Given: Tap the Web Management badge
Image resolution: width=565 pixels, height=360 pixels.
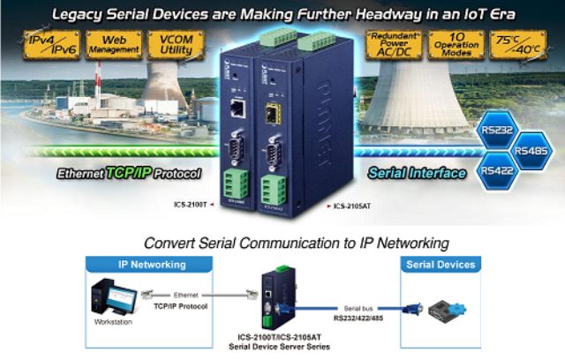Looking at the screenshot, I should coord(110,46).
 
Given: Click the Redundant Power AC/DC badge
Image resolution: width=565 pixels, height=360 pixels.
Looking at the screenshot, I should coord(392,46).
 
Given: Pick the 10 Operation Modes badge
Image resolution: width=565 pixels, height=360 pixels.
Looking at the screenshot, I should coord(452,46).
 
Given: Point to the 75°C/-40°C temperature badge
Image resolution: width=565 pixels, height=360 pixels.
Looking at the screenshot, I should coord(515,46).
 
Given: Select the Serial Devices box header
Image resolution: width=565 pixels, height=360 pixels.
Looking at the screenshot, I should coord(440,264).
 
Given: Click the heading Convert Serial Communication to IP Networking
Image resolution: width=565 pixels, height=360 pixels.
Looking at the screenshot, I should coord(296,242).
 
